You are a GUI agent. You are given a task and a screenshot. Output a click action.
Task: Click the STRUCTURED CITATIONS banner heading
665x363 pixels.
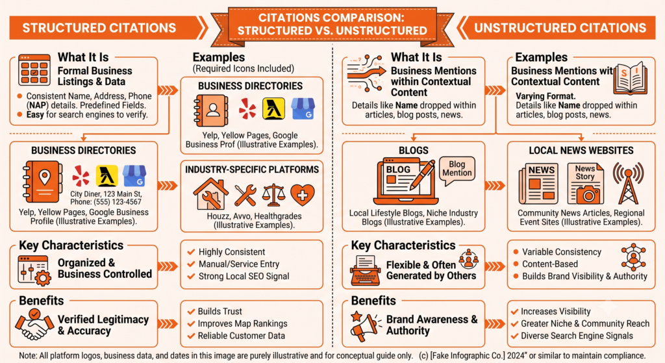(x=99, y=28)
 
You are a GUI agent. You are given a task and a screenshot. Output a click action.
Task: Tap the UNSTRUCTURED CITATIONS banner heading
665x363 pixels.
(x=560, y=28)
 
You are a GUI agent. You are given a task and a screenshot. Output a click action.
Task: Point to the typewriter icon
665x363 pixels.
(x=365, y=270)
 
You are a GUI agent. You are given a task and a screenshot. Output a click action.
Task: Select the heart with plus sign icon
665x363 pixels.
(x=302, y=195)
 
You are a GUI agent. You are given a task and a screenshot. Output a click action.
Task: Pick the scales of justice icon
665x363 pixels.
(x=273, y=195)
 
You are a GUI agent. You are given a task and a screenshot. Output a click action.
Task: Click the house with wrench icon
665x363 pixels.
(x=211, y=194)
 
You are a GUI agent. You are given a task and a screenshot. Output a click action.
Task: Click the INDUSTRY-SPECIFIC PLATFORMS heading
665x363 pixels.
(x=252, y=169)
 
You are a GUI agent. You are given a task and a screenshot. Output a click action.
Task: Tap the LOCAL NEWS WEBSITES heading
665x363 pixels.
(x=581, y=151)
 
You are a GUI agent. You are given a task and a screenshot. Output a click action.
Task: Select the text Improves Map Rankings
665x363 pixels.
(x=243, y=323)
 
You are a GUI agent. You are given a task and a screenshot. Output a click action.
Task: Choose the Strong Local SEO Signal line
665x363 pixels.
(x=244, y=277)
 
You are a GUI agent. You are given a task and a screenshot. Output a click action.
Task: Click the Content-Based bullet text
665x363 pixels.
(x=549, y=264)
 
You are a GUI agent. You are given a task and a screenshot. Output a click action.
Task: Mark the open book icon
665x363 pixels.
(x=631, y=79)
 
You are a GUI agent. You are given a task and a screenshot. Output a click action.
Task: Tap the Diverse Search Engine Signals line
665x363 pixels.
(x=577, y=336)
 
